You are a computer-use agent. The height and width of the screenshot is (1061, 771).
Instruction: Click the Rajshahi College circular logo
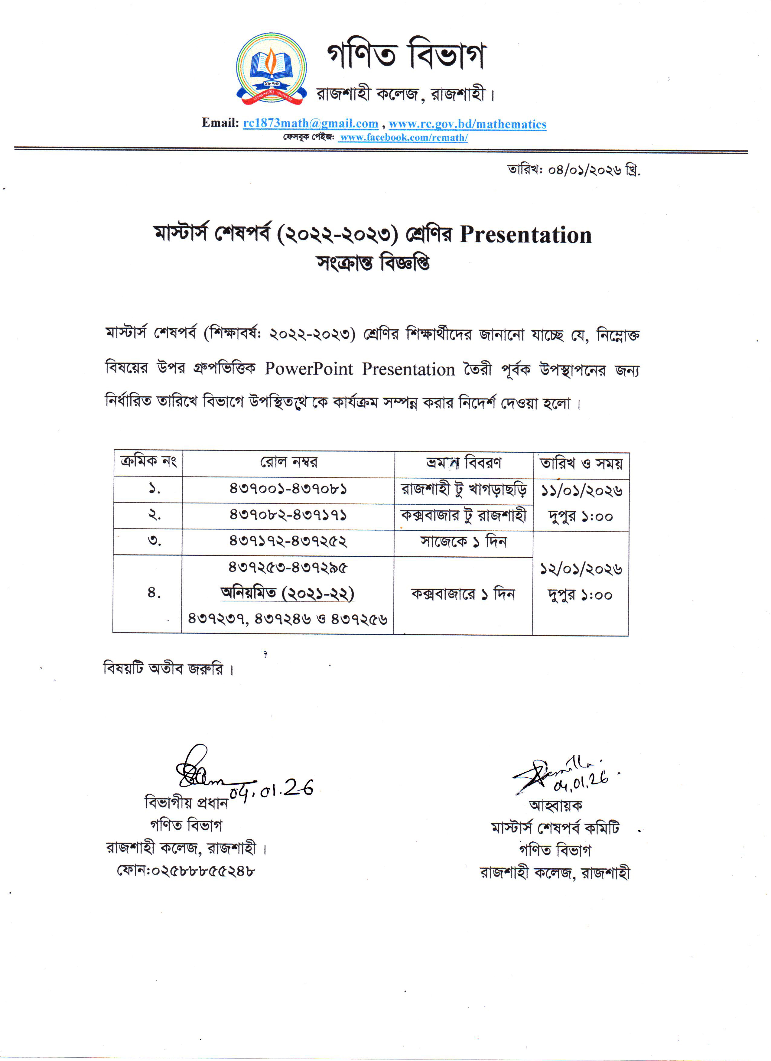click(x=271, y=68)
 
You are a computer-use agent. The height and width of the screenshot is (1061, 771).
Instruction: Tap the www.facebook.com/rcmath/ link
click(x=403, y=138)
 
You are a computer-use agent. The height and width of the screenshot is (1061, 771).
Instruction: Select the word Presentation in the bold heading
click(x=525, y=235)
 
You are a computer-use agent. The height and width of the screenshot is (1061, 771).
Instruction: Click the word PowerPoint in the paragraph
click(x=309, y=369)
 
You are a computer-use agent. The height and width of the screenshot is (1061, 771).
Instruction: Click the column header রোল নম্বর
click(x=289, y=463)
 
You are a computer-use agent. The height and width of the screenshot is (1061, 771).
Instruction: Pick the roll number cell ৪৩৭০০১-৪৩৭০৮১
click(x=288, y=489)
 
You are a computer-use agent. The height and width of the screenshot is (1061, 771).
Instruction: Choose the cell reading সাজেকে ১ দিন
click(x=463, y=542)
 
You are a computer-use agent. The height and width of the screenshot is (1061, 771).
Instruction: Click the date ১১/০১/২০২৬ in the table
click(x=581, y=491)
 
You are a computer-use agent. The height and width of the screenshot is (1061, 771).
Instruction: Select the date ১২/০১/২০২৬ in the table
click(x=581, y=569)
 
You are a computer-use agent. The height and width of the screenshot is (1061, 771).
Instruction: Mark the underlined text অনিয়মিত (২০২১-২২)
click(x=287, y=593)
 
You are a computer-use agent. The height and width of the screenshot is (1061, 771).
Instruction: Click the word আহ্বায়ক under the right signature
click(x=555, y=805)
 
